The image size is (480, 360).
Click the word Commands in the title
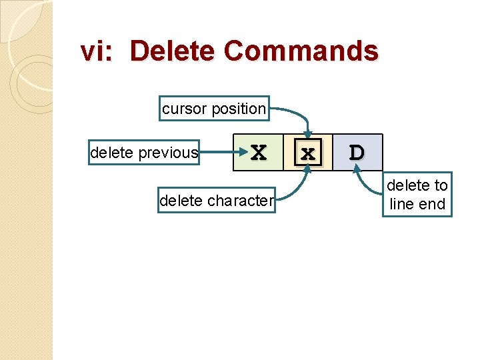coord(301,51)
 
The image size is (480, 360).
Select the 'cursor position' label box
coord(214,109)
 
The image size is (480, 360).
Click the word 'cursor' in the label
coord(184,109)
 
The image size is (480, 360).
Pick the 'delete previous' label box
coord(144,153)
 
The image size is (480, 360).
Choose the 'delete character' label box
coord(216,200)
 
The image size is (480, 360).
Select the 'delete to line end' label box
coord(417,195)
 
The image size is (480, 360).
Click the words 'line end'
coord(417,204)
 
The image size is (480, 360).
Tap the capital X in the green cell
coord(258,153)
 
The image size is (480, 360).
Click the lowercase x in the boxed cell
coord(307,153)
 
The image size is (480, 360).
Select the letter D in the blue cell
coord(357,153)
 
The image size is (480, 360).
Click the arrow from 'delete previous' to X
coord(217,153)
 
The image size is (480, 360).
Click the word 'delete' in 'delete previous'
coord(111,153)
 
